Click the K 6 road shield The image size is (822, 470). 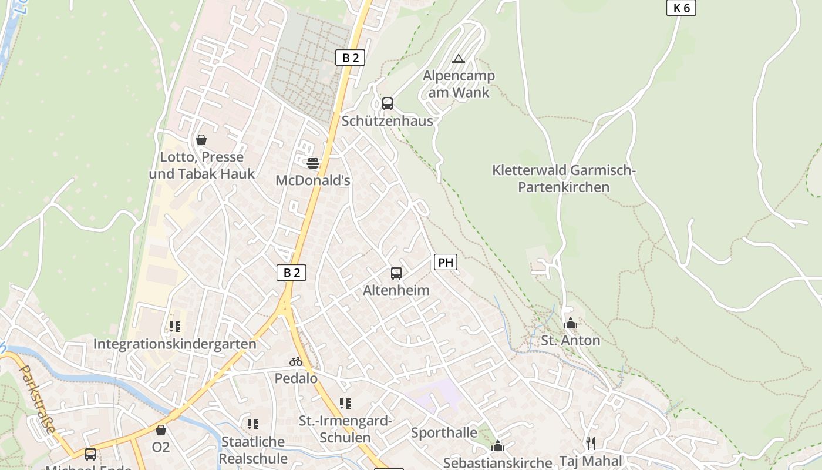681,8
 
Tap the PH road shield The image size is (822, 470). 446,262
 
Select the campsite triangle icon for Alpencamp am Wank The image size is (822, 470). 459,59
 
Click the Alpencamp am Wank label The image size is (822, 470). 459,84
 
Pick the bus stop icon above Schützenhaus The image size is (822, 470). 388,103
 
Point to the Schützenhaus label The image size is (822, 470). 388,121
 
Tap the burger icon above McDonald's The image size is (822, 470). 313,163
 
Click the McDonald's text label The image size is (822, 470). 313,180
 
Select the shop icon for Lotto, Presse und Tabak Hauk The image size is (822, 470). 201,140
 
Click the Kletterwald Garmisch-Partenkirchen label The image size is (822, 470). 564,179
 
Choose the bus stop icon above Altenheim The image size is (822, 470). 396,273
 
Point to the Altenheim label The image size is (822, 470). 396,290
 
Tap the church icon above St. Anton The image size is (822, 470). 570,323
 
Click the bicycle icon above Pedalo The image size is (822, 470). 296,361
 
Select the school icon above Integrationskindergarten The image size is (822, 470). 174,326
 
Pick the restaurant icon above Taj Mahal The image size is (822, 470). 591,443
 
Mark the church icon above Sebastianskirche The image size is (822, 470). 498,446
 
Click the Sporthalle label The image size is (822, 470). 444,433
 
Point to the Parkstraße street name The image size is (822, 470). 38,399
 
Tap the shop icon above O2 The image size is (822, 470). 161,430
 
